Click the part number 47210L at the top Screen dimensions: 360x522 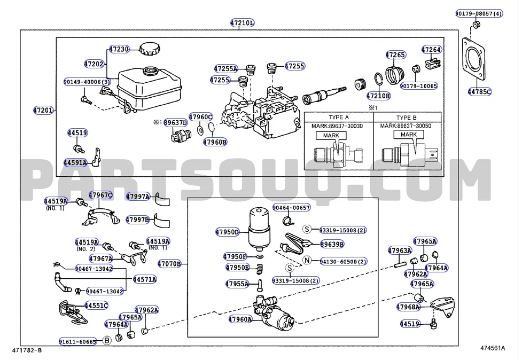point(242,23)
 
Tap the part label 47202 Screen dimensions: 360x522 point(94,64)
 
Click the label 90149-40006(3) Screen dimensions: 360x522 point(87,82)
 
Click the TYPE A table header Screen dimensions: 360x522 point(338,117)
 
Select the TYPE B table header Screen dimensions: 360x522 point(410,117)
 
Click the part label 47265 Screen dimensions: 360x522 point(396,54)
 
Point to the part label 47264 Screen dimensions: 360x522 point(431,50)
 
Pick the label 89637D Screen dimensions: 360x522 point(176,122)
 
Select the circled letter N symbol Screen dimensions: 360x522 point(307,261)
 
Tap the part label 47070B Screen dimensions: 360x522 point(169,263)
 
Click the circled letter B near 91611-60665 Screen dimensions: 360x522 point(107,340)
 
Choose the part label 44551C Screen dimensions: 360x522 point(96,306)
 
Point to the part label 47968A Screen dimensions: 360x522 point(408,307)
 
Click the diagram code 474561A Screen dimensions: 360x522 point(492,348)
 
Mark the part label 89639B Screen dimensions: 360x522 point(332,244)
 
